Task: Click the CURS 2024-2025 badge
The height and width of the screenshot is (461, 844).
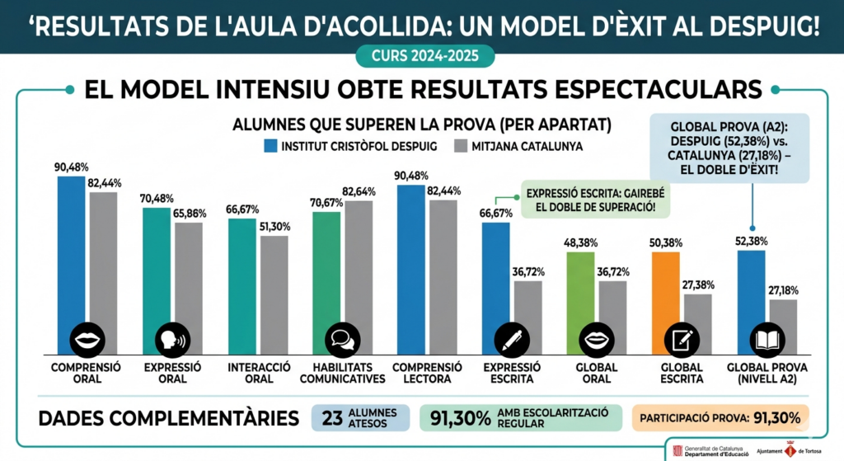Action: click(424, 56)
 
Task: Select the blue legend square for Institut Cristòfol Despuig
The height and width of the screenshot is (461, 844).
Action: click(270, 146)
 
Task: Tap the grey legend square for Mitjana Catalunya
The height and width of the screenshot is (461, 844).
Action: click(460, 146)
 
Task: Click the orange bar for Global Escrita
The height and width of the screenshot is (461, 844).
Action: click(666, 303)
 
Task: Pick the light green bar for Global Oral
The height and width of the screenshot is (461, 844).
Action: click(581, 303)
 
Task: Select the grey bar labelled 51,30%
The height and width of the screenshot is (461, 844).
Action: click(274, 295)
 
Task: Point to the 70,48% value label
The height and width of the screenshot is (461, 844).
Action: click(157, 199)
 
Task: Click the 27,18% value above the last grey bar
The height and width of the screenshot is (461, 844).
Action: click(783, 291)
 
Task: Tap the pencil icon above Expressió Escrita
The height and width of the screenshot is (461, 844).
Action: click(512, 340)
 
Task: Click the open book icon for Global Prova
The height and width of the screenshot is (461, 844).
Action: click(767, 340)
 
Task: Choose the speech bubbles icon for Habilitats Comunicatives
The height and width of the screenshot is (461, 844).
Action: click(342, 340)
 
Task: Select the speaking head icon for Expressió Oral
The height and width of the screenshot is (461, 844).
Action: click(172, 340)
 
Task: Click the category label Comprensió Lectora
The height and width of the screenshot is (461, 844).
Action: click(427, 373)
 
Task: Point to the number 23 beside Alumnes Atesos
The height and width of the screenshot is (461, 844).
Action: click(332, 418)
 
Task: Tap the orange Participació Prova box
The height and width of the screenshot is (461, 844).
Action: click(720, 418)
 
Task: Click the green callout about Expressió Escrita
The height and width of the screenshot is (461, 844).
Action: click(595, 200)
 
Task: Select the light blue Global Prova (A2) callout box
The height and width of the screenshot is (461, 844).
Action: click(729, 148)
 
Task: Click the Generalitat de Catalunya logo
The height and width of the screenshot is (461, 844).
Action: click(710, 451)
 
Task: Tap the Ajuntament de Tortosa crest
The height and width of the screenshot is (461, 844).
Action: click(790, 450)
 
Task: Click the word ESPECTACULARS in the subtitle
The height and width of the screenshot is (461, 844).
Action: click(659, 90)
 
